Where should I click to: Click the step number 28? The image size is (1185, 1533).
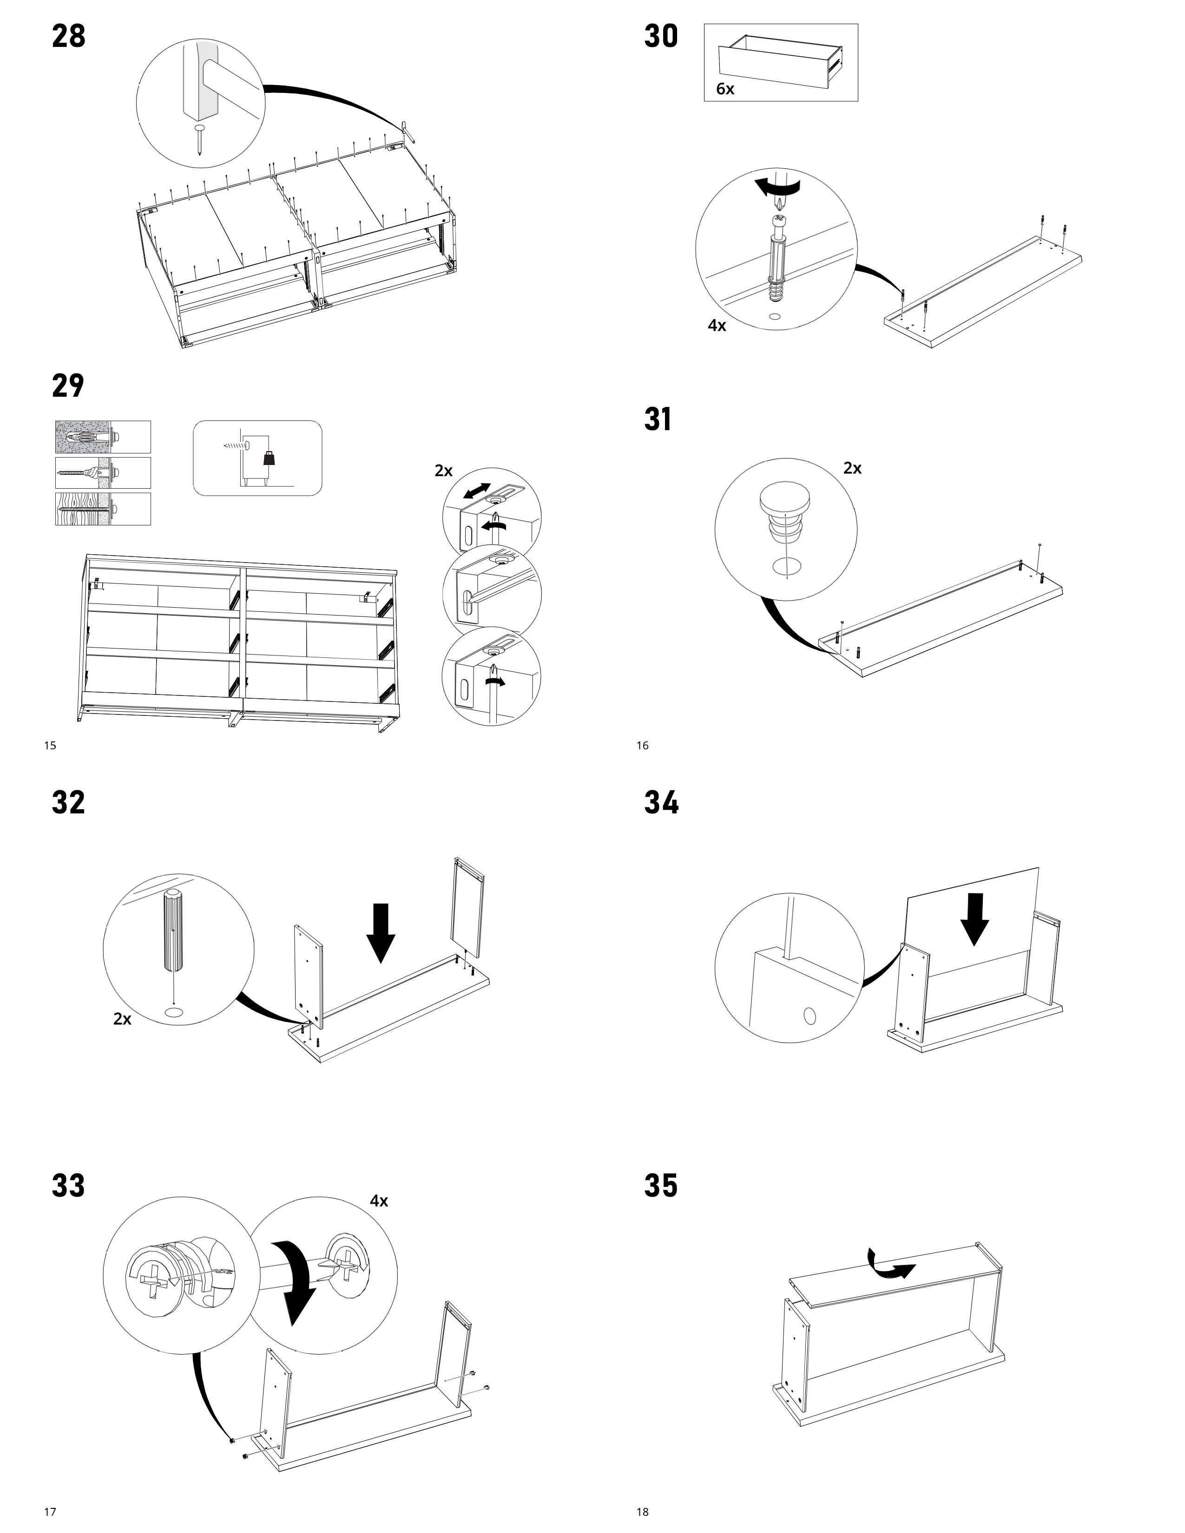pyautogui.click(x=69, y=37)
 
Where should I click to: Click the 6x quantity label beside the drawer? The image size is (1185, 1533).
pyautogui.click(x=725, y=89)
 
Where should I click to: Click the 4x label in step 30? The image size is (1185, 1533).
pyautogui.click(x=717, y=326)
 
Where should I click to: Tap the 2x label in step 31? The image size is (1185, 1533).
pyautogui.click(x=852, y=469)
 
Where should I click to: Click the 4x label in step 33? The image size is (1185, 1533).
pyautogui.click(x=379, y=1201)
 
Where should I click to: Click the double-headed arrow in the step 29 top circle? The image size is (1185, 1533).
pyautogui.click(x=477, y=491)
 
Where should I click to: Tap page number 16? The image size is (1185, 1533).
pyautogui.click(x=642, y=746)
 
